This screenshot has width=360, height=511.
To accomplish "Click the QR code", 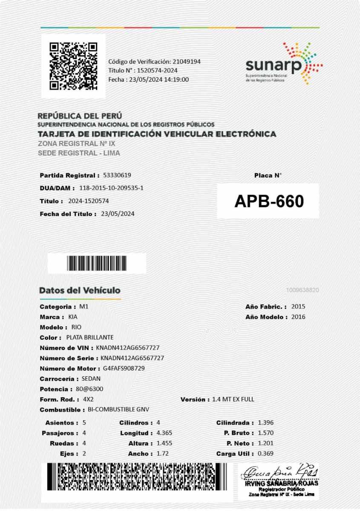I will tap(73, 66).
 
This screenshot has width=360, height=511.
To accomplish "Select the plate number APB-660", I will tap(269, 201).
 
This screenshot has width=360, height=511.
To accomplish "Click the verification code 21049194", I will tap(187, 61).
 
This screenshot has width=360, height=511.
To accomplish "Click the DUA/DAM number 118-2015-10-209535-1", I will tap(111, 188).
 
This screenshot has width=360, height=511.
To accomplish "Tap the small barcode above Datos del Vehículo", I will tap(97, 264).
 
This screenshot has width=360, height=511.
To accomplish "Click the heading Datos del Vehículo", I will tap(80, 290).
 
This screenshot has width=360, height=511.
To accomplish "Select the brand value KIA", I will tap(73, 317).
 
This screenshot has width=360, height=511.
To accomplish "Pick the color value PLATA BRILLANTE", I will tap(89, 337).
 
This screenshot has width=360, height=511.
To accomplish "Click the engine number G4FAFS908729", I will tap(124, 368).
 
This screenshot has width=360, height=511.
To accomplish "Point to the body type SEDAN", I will tap(91, 379).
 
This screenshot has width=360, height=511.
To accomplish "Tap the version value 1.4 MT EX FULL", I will tap(233, 399).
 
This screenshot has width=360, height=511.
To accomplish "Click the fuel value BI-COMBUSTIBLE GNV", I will tap(118, 410).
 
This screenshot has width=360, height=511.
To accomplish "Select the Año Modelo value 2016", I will tap(298, 317).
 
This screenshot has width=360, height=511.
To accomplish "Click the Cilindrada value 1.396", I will tap(266, 423).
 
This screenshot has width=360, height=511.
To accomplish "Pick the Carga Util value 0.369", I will tap(266, 454).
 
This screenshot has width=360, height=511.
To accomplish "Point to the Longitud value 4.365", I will tap(164, 433).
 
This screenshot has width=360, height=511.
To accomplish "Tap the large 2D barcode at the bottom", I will tap(137, 476).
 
